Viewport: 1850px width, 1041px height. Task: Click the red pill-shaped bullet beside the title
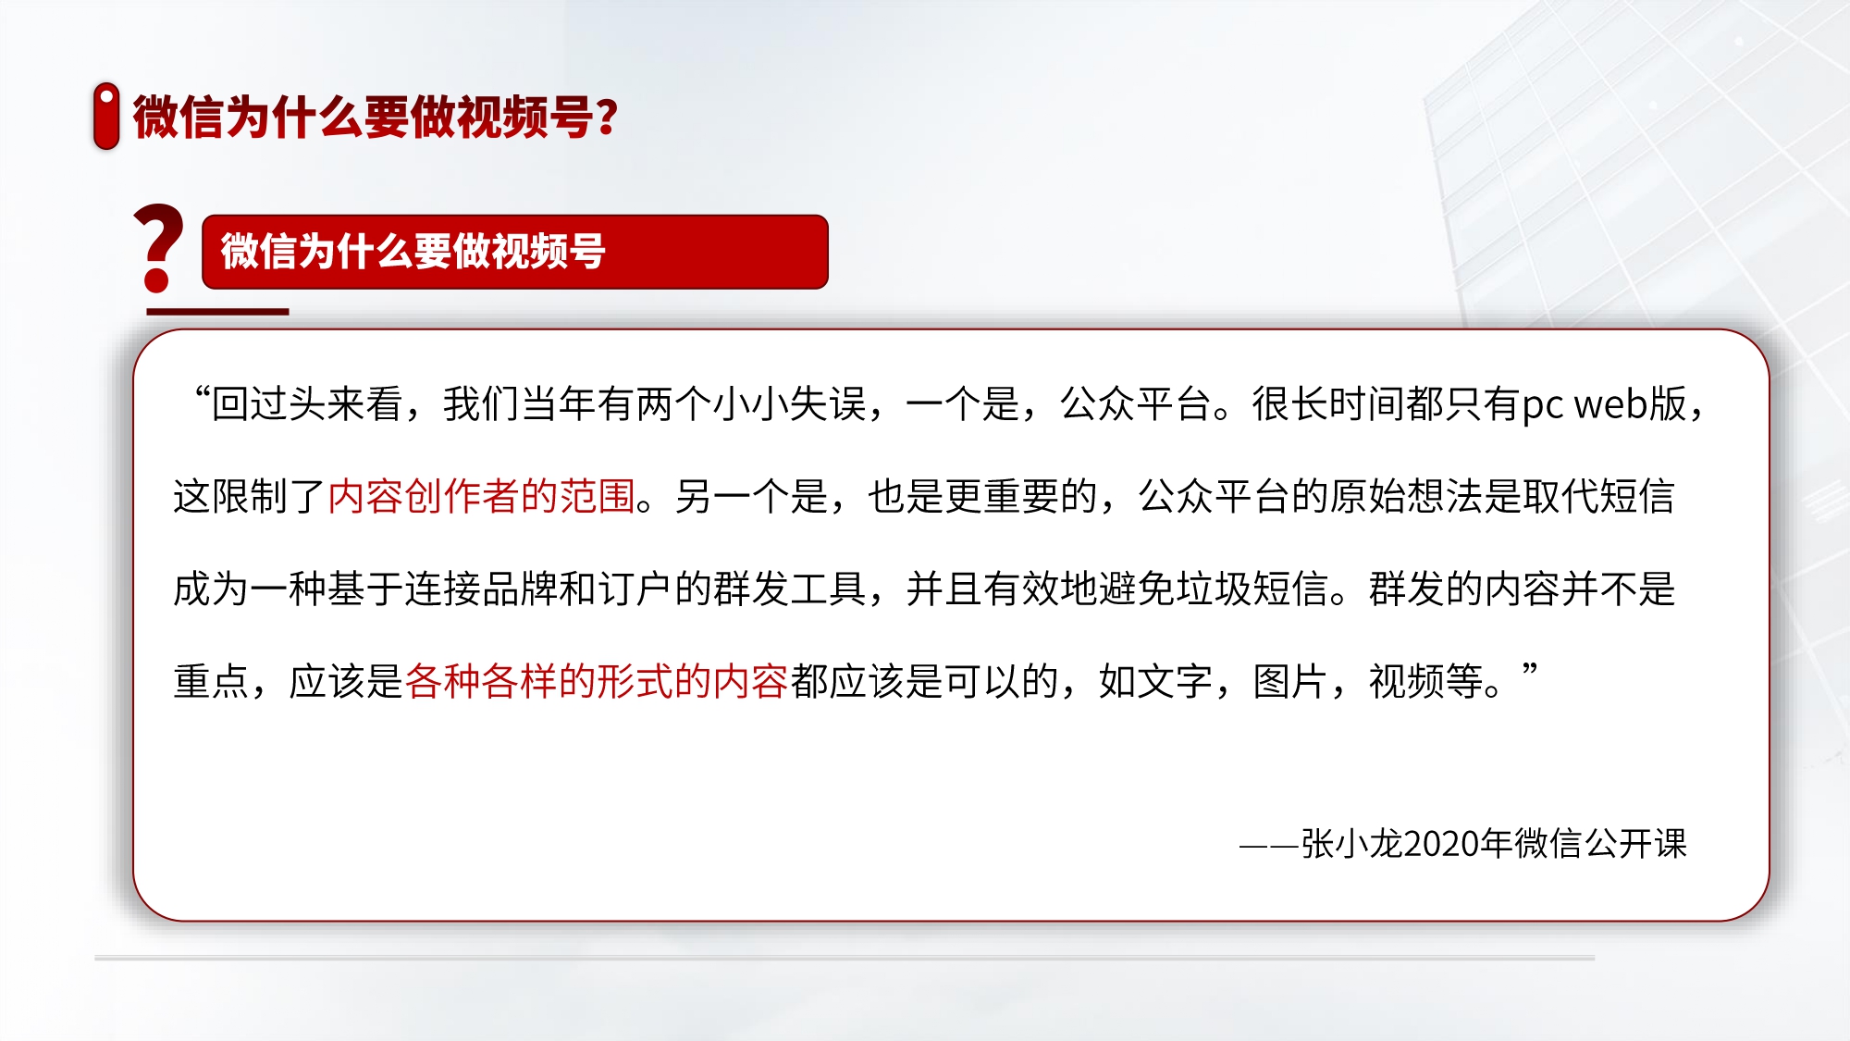[x=106, y=116]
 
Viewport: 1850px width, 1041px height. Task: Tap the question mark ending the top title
[x=607, y=118]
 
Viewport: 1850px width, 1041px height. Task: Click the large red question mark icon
[x=158, y=248]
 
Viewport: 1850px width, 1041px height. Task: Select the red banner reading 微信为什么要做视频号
[x=514, y=252]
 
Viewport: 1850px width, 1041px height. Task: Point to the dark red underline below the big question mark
[x=217, y=312]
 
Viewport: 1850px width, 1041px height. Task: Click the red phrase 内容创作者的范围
[x=481, y=497]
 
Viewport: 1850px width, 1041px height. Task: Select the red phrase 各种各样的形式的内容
[x=597, y=682]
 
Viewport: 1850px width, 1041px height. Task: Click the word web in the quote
[x=1612, y=404]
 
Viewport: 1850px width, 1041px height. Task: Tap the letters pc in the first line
[x=1542, y=407]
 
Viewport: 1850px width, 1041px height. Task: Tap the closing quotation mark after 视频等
[x=1529, y=671]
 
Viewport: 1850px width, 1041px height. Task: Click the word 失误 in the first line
[x=828, y=404]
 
